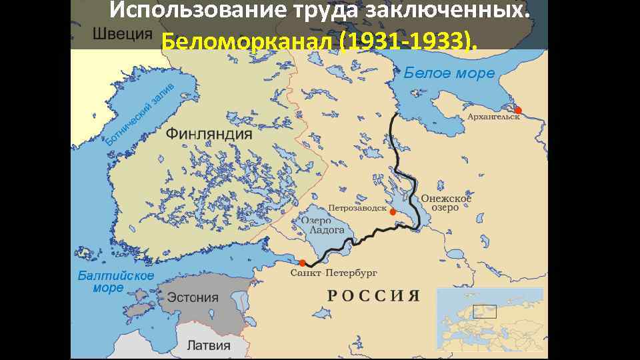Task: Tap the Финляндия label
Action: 209,133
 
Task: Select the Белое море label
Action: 449,73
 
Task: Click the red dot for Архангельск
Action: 518,110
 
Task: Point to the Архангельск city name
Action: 494,117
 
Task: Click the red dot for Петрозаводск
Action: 393,212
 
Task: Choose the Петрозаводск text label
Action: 357,208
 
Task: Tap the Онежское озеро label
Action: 445,203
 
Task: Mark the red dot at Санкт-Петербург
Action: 302,263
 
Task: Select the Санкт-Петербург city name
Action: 334,273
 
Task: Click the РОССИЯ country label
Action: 373,295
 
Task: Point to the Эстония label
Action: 193,297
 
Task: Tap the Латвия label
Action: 208,345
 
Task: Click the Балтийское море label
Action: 115,281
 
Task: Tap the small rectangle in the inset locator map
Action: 485,311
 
